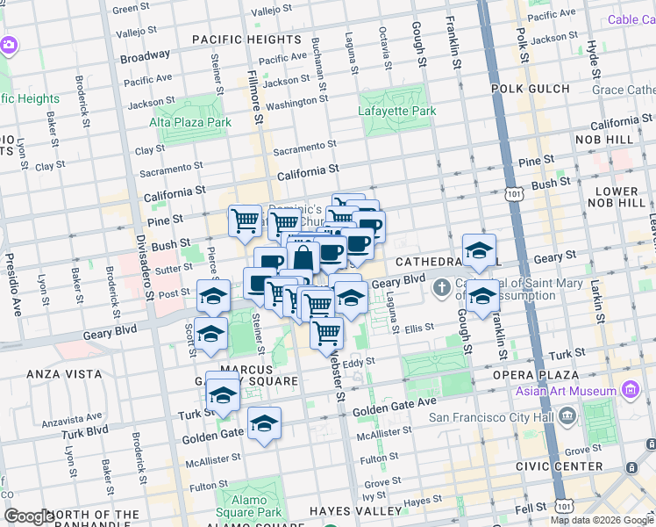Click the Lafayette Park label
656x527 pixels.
[x=397, y=112]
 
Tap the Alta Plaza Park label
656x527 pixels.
[x=190, y=122]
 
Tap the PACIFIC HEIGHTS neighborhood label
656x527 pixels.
[x=246, y=40]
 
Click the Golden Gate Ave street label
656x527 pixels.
[x=395, y=407]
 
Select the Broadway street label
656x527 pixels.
[x=146, y=55]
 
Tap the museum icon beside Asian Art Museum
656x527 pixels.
[x=629, y=388]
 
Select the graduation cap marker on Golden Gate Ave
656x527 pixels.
[x=264, y=425]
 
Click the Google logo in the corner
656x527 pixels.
[x=29, y=516]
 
